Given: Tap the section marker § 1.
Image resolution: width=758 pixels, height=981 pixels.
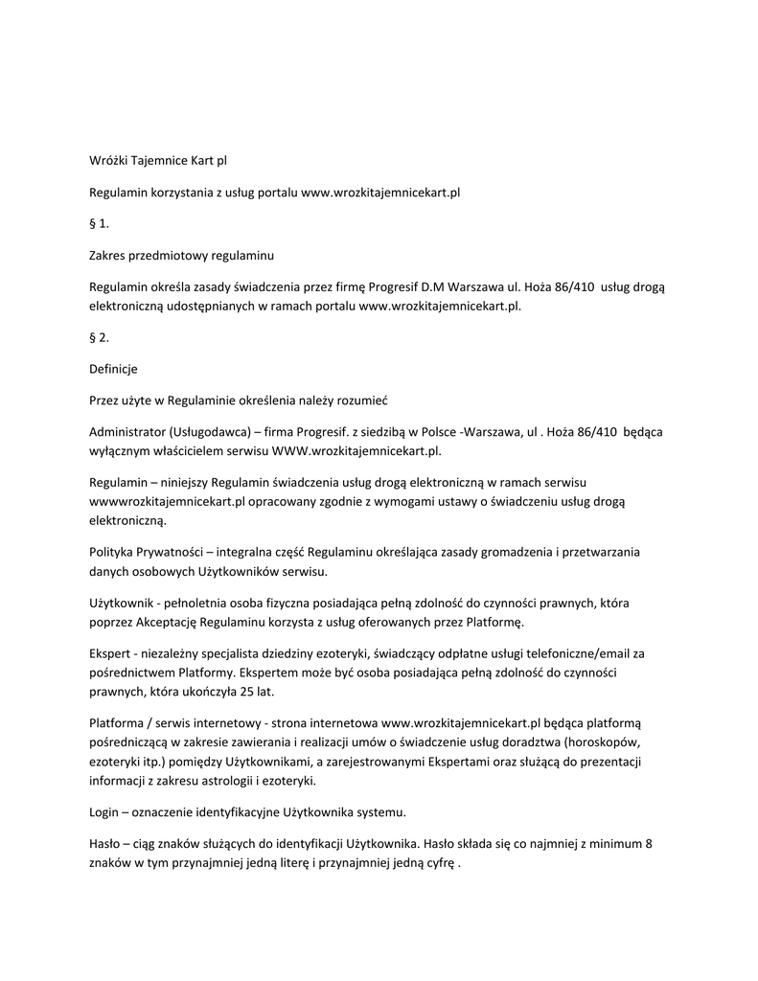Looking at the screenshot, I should [100, 224].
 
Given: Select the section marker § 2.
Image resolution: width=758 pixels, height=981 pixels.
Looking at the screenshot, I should [100, 336].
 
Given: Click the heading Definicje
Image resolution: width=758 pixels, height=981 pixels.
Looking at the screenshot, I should [114, 368].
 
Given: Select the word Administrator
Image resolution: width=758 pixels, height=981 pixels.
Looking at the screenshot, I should [126, 432].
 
